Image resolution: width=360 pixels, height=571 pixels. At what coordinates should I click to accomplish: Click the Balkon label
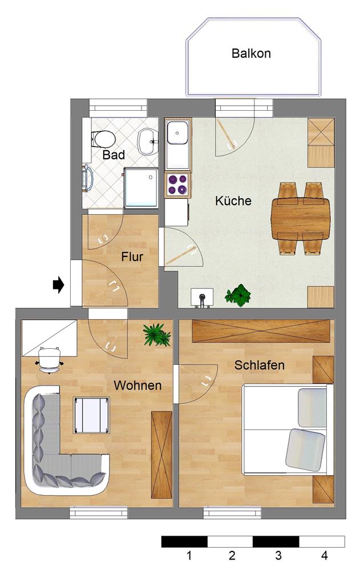pyautogui.click(x=251, y=54)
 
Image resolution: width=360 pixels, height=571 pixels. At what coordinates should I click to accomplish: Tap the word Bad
pyautogui.click(x=114, y=155)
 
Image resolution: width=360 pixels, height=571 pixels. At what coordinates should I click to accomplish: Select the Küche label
pyautogui.click(x=233, y=201)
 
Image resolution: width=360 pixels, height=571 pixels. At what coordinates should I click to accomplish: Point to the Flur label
pyautogui.click(x=132, y=256)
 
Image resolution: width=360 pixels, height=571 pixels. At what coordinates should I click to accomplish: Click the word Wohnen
pyautogui.click(x=137, y=385)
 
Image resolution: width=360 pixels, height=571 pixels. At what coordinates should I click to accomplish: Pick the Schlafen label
pyautogui.click(x=260, y=365)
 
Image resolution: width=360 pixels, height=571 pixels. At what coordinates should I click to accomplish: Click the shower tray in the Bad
pyautogui.click(x=141, y=187)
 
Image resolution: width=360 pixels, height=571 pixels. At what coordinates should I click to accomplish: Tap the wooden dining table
pyautogui.click(x=301, y=218)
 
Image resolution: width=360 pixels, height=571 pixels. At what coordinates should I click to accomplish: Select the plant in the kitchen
pyautogui.click(x=238, y=295)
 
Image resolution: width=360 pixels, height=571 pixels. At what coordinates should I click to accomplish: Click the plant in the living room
pyautogui.click(x=156, y=334)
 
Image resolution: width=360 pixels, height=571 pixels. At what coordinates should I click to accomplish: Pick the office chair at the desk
pyautogui.click(x=49, y=359)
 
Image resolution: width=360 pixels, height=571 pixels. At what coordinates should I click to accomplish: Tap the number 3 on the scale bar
pyautogui.click(x=278, y=554)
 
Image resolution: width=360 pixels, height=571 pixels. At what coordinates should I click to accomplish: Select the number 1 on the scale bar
pyautogui.click(x=188, y=554)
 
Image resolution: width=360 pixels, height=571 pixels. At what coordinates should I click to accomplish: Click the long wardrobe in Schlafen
pyautogui.click(x=261, y=331)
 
